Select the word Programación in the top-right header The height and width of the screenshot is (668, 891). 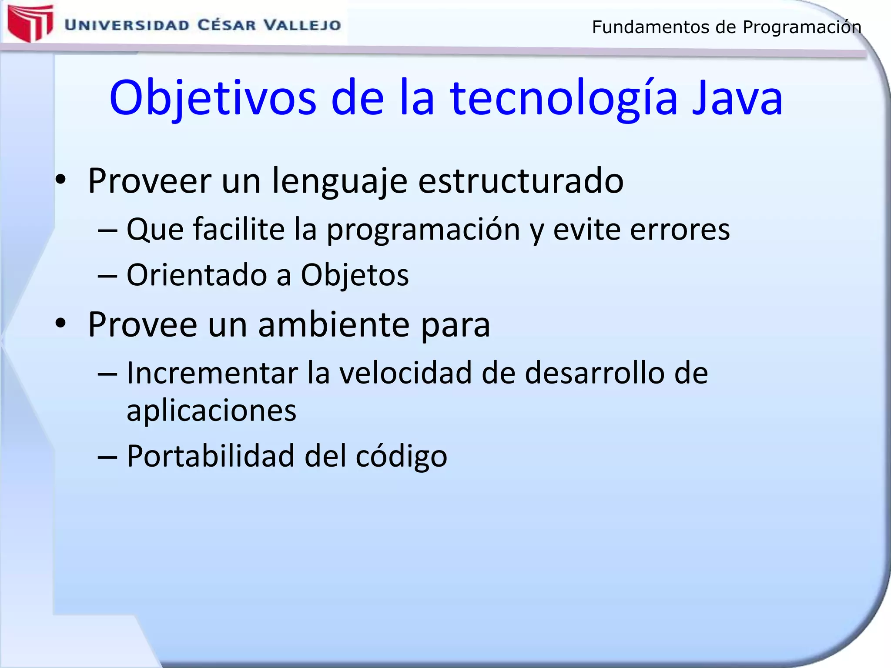tap(801, 27)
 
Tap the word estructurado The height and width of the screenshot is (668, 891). tap(520, 180)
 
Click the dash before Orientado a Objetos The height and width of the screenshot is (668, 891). tap(107, 276)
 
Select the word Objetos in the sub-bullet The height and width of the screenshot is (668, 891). tap(355, 275)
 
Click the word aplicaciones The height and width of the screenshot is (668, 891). tap(211, 411)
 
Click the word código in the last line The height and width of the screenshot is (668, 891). tap(401, 457)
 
